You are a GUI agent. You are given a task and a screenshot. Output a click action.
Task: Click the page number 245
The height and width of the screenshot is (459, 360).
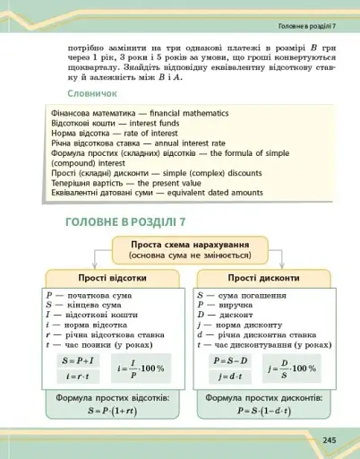330,440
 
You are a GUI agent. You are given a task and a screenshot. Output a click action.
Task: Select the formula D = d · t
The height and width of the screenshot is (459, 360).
223,377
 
